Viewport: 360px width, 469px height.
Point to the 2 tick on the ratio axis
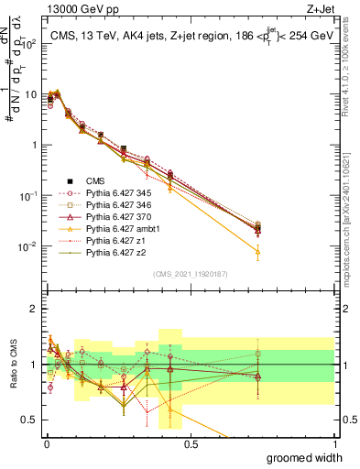tap(31, 309)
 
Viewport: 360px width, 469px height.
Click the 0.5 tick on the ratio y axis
tap(27, 420)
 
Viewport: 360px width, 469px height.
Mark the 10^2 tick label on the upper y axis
tap(27, 43)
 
